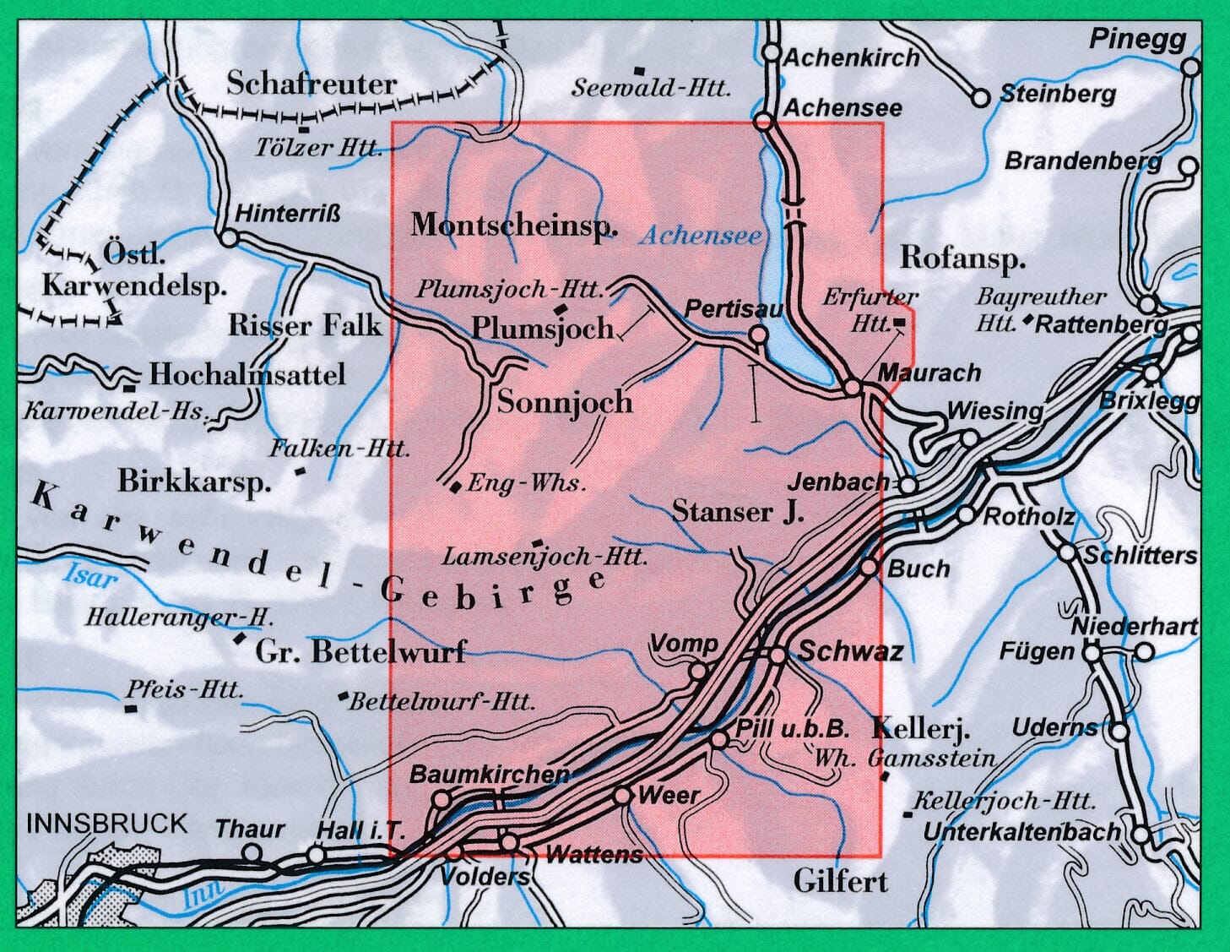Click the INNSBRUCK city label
tap(107, 823)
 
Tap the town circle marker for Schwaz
tap(778, 655)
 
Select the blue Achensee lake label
tap(700, 236)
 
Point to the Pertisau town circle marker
tap(758, 335)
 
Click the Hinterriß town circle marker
tap(229, 238)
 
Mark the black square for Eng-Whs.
tap(456, 486)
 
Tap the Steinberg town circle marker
tap(980, 98)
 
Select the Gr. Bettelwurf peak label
tap(360, 652)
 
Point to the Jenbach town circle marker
tap(908, 485)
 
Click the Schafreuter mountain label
tap(312, 84)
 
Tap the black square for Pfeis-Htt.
tap(131, 708)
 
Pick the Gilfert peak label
tap(841, 882)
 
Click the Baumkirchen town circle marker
tap(441, 798)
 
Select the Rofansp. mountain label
tap(962, 258)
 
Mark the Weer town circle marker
tap(622, 796)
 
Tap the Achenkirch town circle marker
tap(771, 53)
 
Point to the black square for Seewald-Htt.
tap(641, 69)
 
